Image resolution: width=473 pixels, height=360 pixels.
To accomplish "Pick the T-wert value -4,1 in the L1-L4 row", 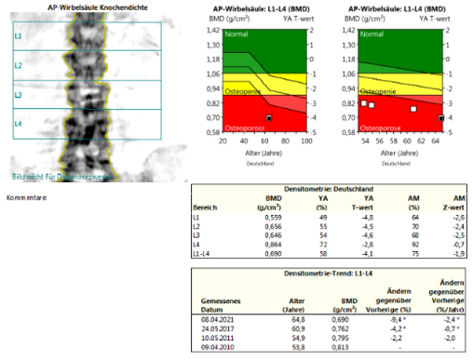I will click(367, 251).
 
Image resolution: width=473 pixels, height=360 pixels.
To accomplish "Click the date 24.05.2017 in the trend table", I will click(216, 327).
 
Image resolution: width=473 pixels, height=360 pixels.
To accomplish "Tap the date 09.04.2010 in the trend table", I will click(216, 346).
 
